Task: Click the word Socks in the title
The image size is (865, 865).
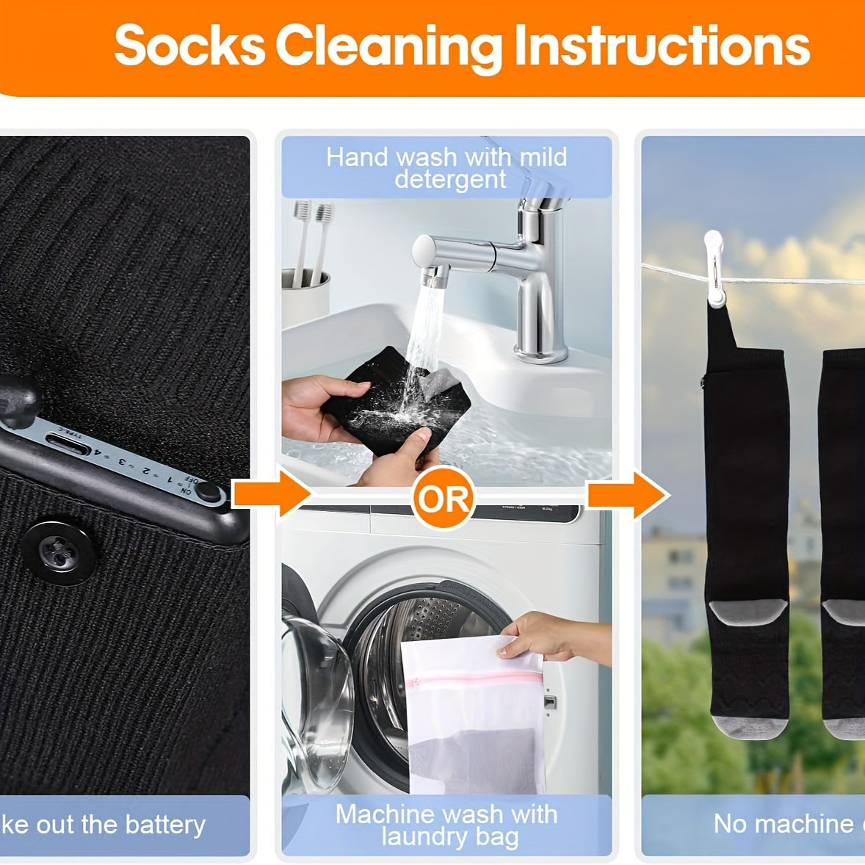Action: [189, 46]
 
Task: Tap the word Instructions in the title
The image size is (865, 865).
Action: [661, 46]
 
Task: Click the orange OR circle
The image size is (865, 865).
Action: [442, 499]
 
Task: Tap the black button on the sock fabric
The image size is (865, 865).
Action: [59, 553]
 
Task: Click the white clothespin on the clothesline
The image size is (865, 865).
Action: [714, 269]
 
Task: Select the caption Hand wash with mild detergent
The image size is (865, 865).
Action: [446, 167]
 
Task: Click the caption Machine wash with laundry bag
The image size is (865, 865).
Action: [446, 825]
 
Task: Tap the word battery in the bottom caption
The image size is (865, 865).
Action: [164, 824]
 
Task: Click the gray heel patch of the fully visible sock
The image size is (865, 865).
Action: [748, 612]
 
